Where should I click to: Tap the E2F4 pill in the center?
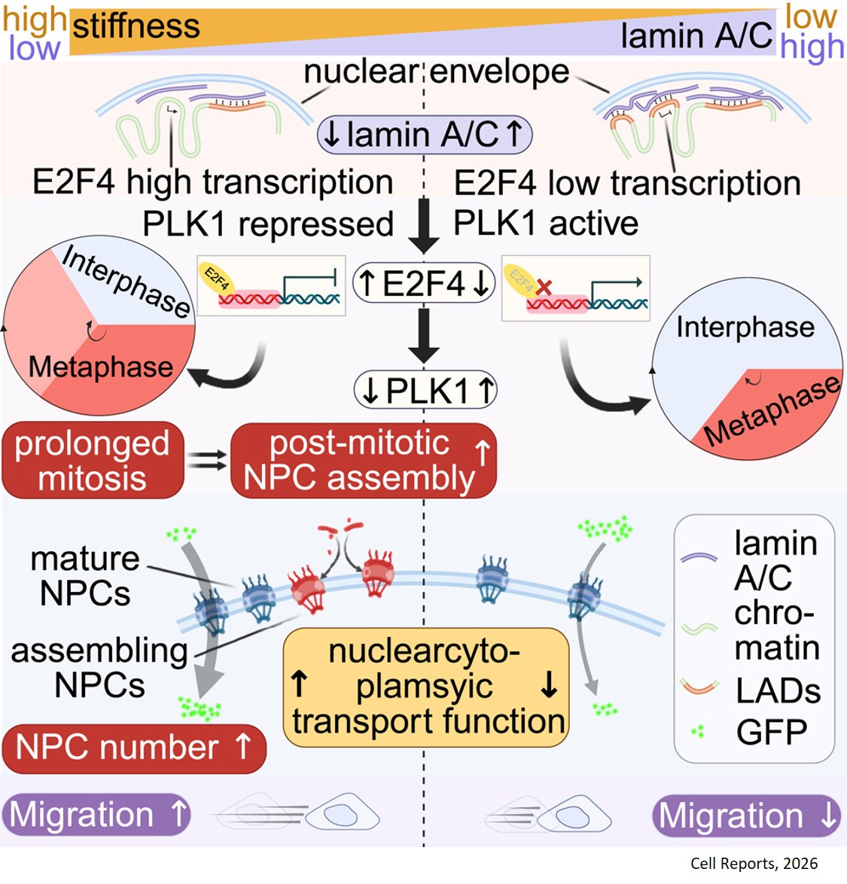pos(424,284)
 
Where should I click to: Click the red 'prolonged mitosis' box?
pos(93,461)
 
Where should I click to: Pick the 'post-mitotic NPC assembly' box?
pos(364,461)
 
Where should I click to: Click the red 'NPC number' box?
pos(134,748)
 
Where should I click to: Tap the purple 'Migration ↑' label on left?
pos(96,815)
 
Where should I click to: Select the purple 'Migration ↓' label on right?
pos(746,816)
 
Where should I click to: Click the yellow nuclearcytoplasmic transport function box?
pos(426,687)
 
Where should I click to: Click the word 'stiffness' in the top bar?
pos(136,26)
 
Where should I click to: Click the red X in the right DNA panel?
pos(544,287)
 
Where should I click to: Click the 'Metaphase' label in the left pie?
pos(100,367)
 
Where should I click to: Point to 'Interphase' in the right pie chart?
pos(745,328)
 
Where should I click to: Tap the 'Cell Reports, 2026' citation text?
pos(754,864)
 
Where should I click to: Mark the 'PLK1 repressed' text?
pos(268,224)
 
